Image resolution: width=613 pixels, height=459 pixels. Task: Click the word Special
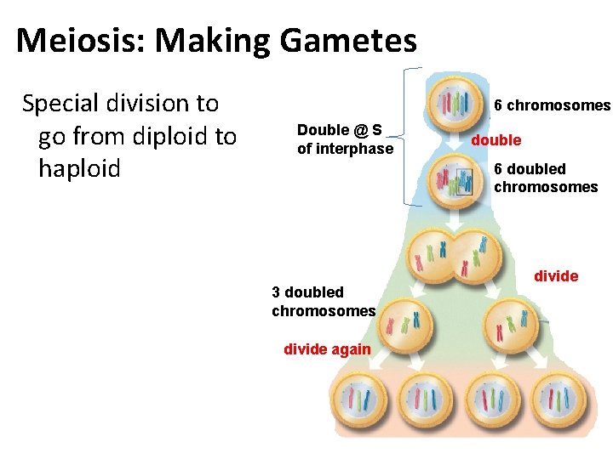coord(67,104)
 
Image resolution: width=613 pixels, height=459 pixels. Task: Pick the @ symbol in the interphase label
coord(361,130)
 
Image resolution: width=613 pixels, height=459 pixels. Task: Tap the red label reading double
coord(496,140)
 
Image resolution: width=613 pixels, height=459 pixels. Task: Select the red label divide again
coord(327,349)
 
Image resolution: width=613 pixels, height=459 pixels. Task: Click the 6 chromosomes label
coord(553,105)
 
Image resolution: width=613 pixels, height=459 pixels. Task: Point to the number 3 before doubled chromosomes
coord(276,292)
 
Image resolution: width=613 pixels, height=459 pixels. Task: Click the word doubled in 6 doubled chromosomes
coord(536,169)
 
